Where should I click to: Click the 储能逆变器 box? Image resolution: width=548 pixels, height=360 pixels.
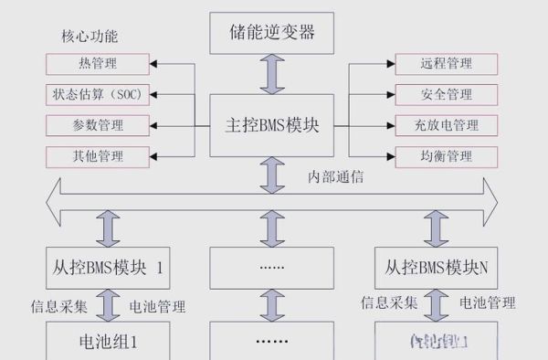[x=273, y=35]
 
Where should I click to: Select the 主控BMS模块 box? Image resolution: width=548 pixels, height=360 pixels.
[x=273, y=124]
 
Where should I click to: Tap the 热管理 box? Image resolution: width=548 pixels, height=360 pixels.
[x=98, y=64]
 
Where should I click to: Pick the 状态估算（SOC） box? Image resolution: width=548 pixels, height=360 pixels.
[x=98, y=95]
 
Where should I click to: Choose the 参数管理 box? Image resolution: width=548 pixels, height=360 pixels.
[x=98, y=125]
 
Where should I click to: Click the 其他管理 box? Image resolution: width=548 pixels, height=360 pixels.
[x=98, y=156]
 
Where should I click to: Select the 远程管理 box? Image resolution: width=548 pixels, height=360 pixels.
[x=446, y=64]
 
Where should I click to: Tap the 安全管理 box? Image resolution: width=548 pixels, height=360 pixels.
[x=446, y=95]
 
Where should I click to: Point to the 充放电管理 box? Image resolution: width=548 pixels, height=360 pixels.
[x=446, y=125]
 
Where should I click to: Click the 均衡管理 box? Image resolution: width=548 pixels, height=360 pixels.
[x=446, y=156]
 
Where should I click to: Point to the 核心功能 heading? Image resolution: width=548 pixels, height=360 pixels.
[x=89, y=37]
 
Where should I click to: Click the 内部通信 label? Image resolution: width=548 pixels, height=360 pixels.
[x=334, y=176]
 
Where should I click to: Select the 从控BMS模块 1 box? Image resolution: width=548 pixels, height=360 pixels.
[x=108, y=269]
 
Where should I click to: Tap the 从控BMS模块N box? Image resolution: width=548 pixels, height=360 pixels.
[x=436, y=269]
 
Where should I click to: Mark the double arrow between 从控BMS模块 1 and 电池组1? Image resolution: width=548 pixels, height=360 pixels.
[x=108, y=304]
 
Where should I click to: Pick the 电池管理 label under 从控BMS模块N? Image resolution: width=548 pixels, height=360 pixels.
[x=487, y=302]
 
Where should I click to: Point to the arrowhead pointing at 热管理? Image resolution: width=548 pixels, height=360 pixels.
[x=154, y=64]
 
